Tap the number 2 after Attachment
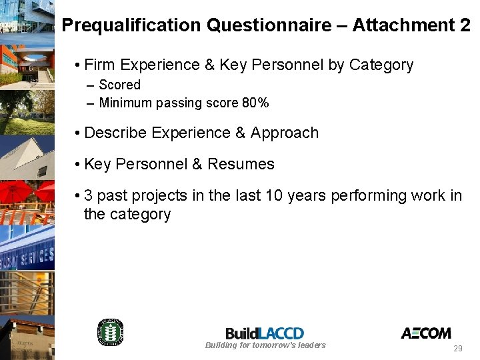coord(465,25)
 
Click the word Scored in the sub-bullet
coord(120,85)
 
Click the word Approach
coord(285,133)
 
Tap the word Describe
coord(115,133)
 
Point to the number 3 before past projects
coord(89,195)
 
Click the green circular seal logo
coord(111,332)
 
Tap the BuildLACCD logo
coord(265,333)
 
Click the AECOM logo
coord(425,333)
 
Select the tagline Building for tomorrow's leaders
coord(265,345)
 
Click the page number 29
coord(457,349)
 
